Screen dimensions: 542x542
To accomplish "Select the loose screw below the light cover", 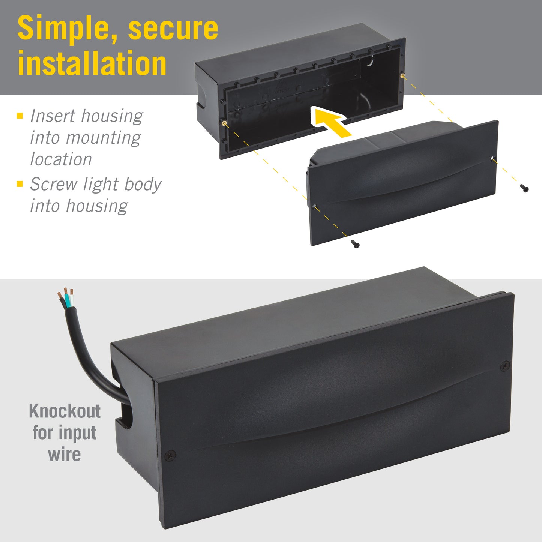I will tap(355, 244).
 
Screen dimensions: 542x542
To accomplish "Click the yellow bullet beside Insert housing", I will tap(20, 116).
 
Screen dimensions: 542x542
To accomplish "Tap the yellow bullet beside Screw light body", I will tap(20, 184).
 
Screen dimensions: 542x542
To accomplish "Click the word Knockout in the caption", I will tap(65, 411).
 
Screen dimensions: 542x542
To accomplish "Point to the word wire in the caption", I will tap(65, 455).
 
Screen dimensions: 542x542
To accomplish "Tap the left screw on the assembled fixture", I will tap(171, 455).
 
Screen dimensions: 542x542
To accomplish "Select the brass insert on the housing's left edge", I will tap(224, 123).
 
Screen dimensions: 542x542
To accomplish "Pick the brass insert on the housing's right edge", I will tap(402, 75).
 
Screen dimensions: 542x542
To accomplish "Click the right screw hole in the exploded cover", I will tap(492, 158).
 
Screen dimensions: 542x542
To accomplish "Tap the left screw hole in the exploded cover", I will tap(314, 206).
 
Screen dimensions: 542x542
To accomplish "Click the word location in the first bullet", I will tap(61, 159).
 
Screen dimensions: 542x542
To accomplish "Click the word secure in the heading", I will tap(173, 29).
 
